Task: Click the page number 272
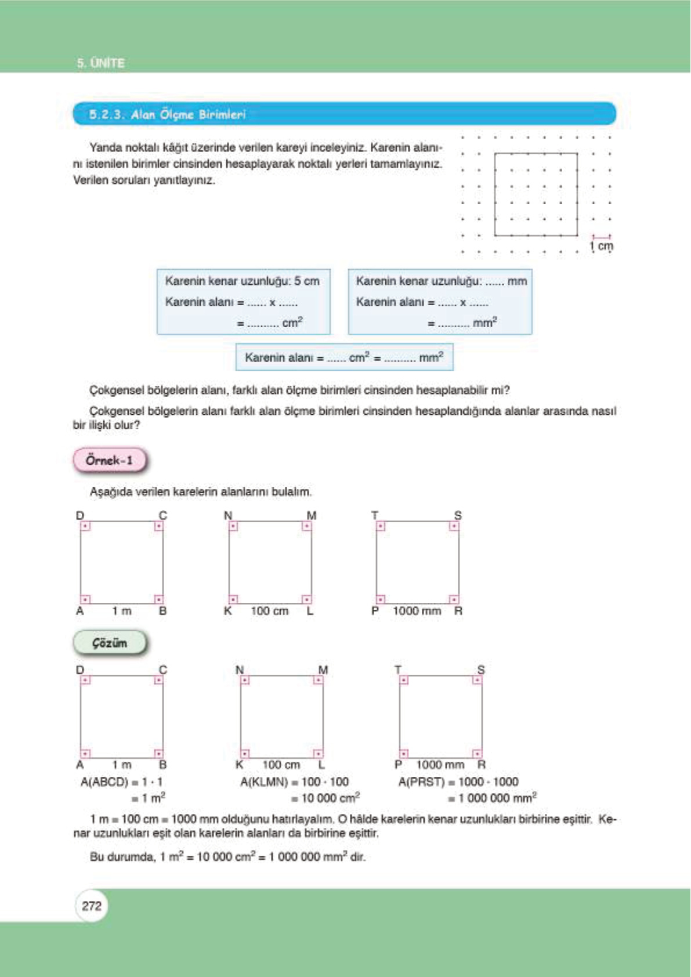(x=92, y=906)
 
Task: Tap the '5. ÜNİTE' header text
(x=101, y=63)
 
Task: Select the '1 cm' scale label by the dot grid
(x=602, y=246)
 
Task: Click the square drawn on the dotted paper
(x=536, y=194)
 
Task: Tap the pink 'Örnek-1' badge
(x=109, y=460)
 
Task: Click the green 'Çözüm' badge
(x=109, y=643)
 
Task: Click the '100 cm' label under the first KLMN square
(x=269, y=611)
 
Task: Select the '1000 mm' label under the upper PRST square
(x=417, y=611)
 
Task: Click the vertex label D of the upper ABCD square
(x=80, y=515)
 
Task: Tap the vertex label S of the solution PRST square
(x=481, y=670)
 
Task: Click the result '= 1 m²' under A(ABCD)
(x=149, y=798)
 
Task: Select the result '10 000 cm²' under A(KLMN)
(x=330, y=798)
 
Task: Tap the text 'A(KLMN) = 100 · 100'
(x=294, y=782)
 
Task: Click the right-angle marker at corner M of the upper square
(x=306, y=526)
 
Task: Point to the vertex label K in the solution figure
(x=239, y=765)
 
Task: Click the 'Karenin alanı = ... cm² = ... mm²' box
(x=344, y=357)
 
